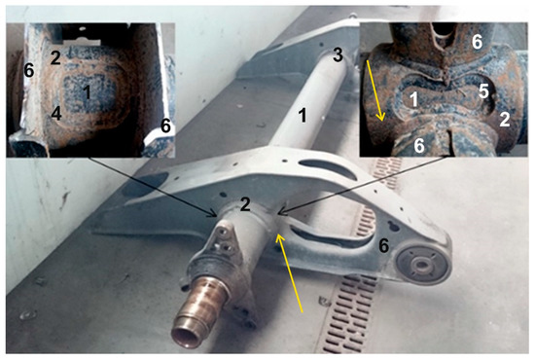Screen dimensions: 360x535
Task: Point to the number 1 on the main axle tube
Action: point(303,116)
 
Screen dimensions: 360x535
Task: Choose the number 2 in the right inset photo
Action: point(505,118)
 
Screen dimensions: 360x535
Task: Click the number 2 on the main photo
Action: point(246,203)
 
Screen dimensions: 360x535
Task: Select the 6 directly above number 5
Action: point(478,42)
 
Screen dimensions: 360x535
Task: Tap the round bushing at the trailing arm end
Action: point(425,264)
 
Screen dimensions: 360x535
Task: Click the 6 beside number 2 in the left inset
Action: point(29,71)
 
